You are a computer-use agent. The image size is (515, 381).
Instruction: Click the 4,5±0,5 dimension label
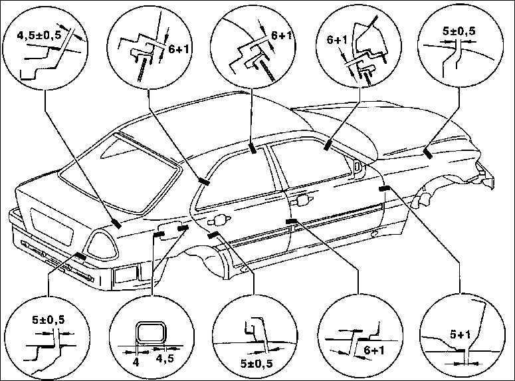click(x=39, y=35)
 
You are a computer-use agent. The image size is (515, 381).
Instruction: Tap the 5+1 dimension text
click(x=460, y=335)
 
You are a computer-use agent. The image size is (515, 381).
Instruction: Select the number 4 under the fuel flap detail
click(x=136, y=362)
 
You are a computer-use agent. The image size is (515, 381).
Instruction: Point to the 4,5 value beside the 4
click(x=165, y=359)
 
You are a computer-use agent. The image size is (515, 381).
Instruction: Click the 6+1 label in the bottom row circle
click(x=374, y=350)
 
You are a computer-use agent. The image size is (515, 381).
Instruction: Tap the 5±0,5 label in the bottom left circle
click(x=49, y=320)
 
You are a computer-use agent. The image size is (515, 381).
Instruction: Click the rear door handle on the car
click(x=218, y=220)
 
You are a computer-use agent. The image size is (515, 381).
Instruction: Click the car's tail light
click(x=101, y=245)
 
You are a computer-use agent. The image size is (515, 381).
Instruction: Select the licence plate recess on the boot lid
click(x=52, y=226)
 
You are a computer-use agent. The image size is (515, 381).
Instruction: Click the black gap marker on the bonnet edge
click(x=428, y=154)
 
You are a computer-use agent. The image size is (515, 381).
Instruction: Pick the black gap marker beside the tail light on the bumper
click(x=80, y=256)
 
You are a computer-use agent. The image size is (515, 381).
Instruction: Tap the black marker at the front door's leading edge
click(x=384, y=188)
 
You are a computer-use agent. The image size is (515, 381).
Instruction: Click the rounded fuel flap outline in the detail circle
click(x=150, y=333)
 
